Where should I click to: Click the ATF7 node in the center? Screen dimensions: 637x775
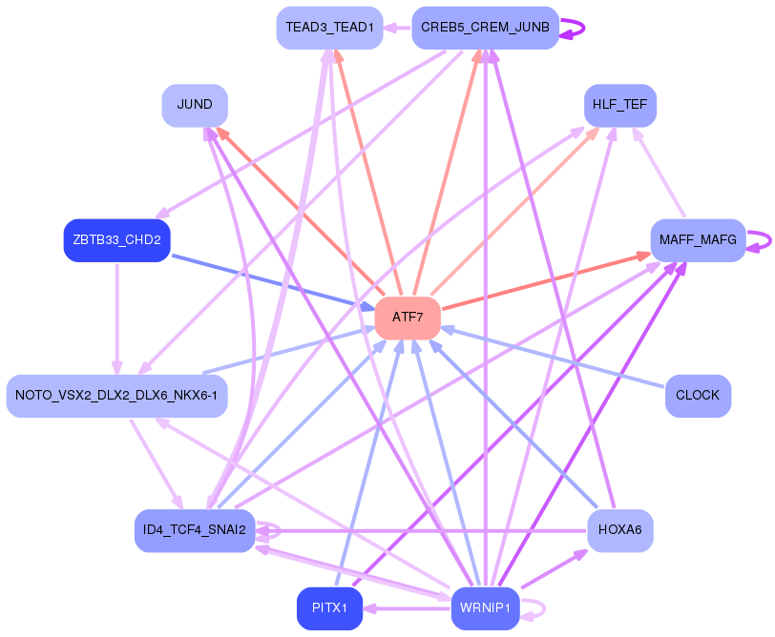click(408, 318)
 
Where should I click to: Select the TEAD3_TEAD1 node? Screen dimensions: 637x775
click(329, 28)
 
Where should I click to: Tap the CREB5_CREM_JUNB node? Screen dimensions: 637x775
click(485, 28)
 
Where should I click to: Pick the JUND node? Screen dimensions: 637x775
click(195, 105)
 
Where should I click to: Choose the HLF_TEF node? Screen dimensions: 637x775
click(620, 105)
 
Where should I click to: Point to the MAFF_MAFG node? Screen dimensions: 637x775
click(698, 240)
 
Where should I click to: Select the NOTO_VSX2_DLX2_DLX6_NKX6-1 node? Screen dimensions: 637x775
click(116, 395)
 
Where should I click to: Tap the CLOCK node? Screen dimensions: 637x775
click(698, 395)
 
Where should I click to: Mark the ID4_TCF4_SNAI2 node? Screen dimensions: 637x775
click(195, 530)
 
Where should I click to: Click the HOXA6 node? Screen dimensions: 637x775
click(620, 530)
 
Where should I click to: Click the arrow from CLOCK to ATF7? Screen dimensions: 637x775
click(554, 358)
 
